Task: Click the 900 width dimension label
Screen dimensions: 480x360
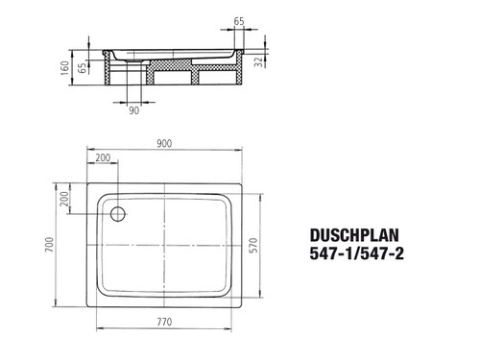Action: [x=164, y=143]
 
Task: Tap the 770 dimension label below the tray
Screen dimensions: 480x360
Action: [x=164, y=322]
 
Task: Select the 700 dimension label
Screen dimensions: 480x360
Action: [x=49, y=245]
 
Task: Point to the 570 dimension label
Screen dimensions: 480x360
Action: [x=253, y=246]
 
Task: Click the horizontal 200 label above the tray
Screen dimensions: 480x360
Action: [x=103, y=157]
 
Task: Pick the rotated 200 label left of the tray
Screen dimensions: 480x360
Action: [x=64, y=199]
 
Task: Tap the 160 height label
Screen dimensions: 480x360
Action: [x=65, y=68]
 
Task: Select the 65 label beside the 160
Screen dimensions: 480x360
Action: [x=83, y=68]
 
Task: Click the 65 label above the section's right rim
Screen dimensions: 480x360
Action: [x=239, y=21]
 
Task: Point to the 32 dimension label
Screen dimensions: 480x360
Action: [x=258, y=61]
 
